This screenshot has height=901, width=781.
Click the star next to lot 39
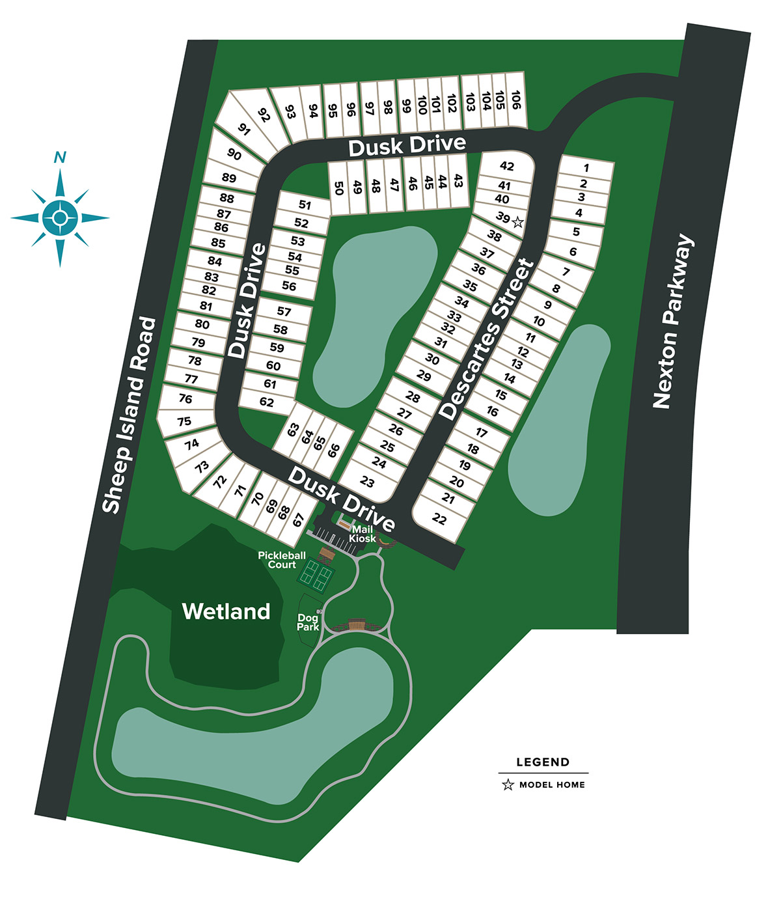pos(517,222)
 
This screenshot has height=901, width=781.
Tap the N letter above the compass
pos(60,157)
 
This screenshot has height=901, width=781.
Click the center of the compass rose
pos(60,218)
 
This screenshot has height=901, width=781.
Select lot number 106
pos(515,100)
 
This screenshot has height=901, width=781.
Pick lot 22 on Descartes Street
pos(440,519)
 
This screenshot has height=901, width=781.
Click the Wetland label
pos(226,611)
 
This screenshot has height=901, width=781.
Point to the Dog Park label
pos(308,622)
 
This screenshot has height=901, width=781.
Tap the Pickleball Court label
pos(282,560)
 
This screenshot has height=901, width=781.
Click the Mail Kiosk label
pos(363,534)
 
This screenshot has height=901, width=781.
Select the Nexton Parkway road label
pos(673,322)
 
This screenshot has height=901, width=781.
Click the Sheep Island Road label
pos(130,415)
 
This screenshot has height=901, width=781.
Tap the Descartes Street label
pos(486,339)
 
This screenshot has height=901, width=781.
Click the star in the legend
pos(508,785)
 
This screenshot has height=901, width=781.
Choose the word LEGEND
pos(543,762)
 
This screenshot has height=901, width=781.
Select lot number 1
pos(586,167)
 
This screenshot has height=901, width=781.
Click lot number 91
pos(244,129)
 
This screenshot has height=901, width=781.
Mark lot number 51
pos(305,204)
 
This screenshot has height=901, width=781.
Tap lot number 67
pos(299,520)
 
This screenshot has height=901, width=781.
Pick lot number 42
pos(506,166)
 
